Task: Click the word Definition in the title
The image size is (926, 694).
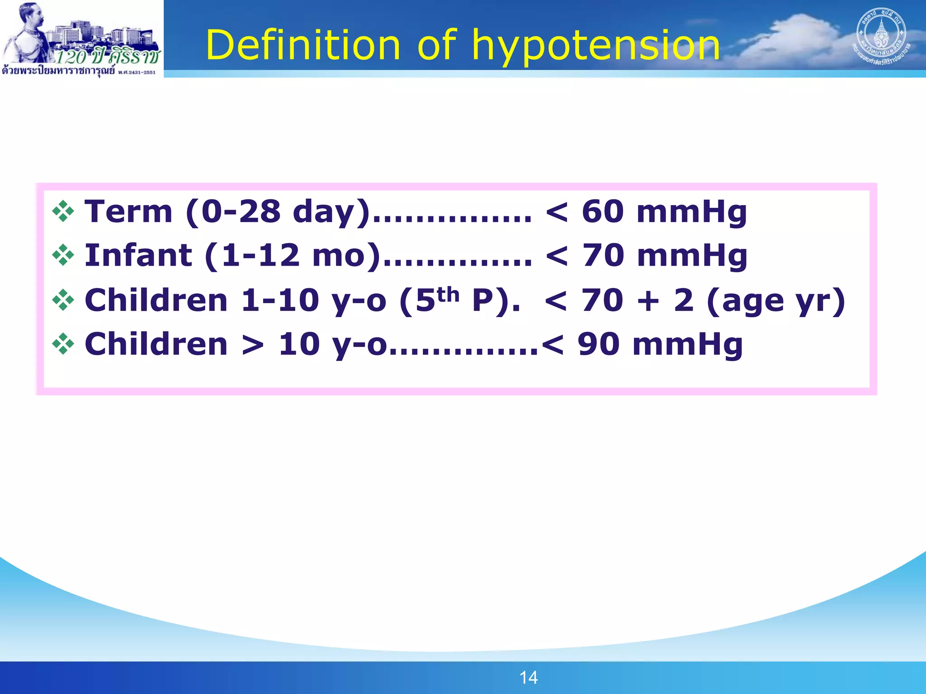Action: pyautogui.click(x=303, y=45)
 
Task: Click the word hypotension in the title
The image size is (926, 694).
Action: pyautogui.click(x=596, y=45)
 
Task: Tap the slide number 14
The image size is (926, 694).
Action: pyautogui.click(x=528, y=677)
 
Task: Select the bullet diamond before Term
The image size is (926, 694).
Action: pyautogui.click(x=63, y=211)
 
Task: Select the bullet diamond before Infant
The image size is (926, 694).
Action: pyautogui.click(x=63, y=255)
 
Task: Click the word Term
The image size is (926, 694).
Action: pyautogui.click(x=128, y=211)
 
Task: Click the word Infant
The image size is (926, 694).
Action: pyautogui.click(x=138, y=255)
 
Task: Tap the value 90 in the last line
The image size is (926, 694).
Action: pyautogui.click(x=598, y=344)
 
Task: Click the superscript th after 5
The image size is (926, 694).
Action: pyautogui.click(x=448, y=295)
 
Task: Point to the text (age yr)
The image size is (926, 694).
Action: pyautogui.click(x=775, y=300)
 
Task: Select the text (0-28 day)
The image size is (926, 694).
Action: pyautogui.click(x=278, y=211)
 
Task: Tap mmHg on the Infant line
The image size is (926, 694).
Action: pyautogui.click(x=692, y=255)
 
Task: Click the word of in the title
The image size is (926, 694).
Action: pyautogui.click(x=437, y=45)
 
